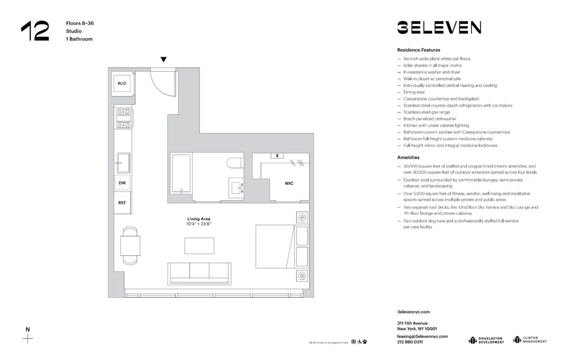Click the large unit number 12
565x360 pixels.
(x=35, y=31)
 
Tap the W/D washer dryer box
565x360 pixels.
(x=122, y=84)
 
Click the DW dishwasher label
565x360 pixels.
(x=122, y=183)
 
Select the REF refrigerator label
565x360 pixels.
(x=122, y=202)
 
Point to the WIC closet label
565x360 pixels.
(x=289, y=183)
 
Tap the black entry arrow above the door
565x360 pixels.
(x=163, y=59)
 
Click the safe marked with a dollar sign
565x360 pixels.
(x=277, y=155)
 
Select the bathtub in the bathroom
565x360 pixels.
(x=180, y=174)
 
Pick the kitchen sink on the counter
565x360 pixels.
(x=123, y=163)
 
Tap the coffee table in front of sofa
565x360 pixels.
(x=199, y=246)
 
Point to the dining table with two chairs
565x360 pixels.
(x=130, y=246)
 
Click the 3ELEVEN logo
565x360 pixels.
(x=439, y=28)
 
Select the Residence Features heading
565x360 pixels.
(x=419, y=50)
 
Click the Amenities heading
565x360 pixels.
(x=408, y=158)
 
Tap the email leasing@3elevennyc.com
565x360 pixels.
(x=422, y=336)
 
